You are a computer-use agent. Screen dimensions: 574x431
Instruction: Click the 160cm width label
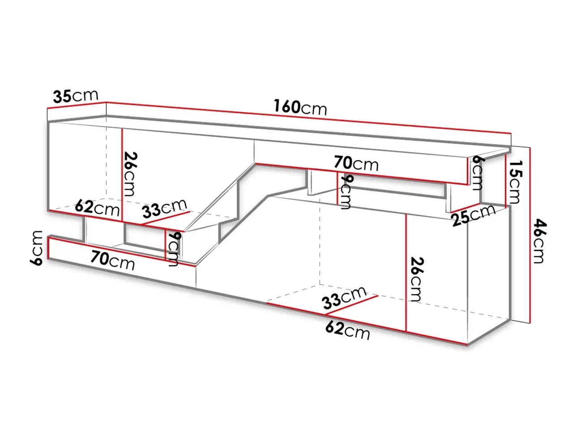coord(300,107)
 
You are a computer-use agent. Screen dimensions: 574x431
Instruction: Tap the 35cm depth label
coord(76,96)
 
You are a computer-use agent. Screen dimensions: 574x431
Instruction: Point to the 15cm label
coord(513,182)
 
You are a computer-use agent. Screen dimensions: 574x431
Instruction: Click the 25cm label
coord(474,215)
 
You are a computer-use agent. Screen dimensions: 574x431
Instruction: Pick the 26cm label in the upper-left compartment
coord(130,174)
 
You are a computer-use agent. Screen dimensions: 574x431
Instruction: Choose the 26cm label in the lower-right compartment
coord(416,280)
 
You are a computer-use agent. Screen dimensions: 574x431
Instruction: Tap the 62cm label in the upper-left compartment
coord(97,208)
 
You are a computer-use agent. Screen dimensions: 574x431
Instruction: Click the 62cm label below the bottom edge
coord(348,330)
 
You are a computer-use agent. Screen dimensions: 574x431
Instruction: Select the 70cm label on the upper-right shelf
coord(356,163)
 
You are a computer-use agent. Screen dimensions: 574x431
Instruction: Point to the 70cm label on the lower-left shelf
coord(113,260)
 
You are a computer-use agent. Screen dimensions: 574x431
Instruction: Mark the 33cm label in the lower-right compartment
coord(344,298)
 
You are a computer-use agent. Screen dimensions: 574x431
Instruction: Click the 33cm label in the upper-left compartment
coord(165,209)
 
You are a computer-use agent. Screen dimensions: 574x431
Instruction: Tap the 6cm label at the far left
coord(36,248)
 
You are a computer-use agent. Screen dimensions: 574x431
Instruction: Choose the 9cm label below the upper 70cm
coord(346,192)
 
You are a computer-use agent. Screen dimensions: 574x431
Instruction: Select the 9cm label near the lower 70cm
coord(174,249)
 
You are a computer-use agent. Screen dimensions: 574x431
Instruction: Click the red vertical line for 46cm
coord(530,236)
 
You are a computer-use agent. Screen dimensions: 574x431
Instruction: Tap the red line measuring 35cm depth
coord(76,105)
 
